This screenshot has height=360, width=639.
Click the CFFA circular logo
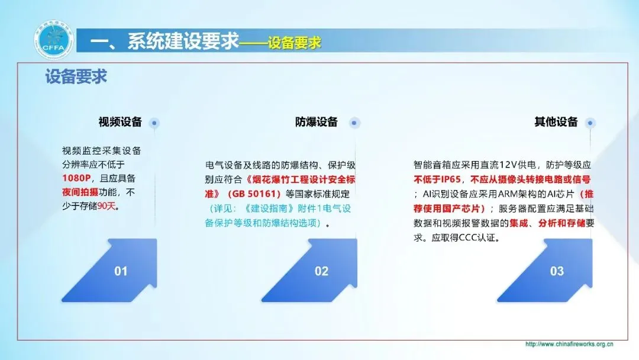(53, 40)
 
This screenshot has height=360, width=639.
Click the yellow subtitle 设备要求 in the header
(295, 43)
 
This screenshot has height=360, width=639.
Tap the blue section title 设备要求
(76, 76)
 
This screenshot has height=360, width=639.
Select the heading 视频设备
(120, 122)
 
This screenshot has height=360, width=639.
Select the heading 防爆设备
(317, 122)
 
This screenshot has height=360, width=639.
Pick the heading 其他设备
(556, 122)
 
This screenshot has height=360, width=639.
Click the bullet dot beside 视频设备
(154, 123)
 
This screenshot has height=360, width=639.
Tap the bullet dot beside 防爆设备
(354, 123)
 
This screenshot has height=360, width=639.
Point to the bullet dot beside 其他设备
(590, 123)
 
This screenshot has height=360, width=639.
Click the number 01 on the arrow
(121, 271)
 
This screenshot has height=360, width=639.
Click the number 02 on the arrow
(321, 271)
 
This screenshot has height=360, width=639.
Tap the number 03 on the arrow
(557, 271)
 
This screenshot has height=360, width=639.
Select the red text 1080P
(76, 178)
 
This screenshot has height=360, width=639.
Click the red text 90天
(106, 206)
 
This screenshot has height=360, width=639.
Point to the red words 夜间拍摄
(80, 192)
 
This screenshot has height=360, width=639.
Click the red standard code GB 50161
(254, 194)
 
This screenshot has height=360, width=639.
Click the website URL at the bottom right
(569, 344)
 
